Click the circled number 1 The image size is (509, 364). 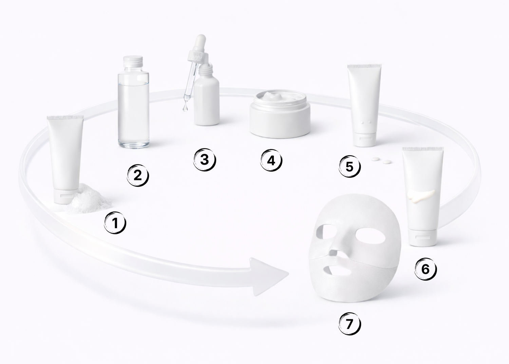(x=115, y=223)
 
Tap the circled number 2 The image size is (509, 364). (x=138, y=176)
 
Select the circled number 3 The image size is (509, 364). (x=205, y=160)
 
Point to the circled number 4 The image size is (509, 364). (x=271, y=160)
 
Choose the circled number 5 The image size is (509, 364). (x=350, y=166)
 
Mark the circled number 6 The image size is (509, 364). (x=426, y=269)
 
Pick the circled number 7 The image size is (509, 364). (x=350, y=324)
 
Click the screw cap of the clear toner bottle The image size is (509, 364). (x=133, y=62)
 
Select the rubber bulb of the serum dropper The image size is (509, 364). (x=201, y=43)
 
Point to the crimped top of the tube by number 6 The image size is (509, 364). (x=423, y=149)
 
